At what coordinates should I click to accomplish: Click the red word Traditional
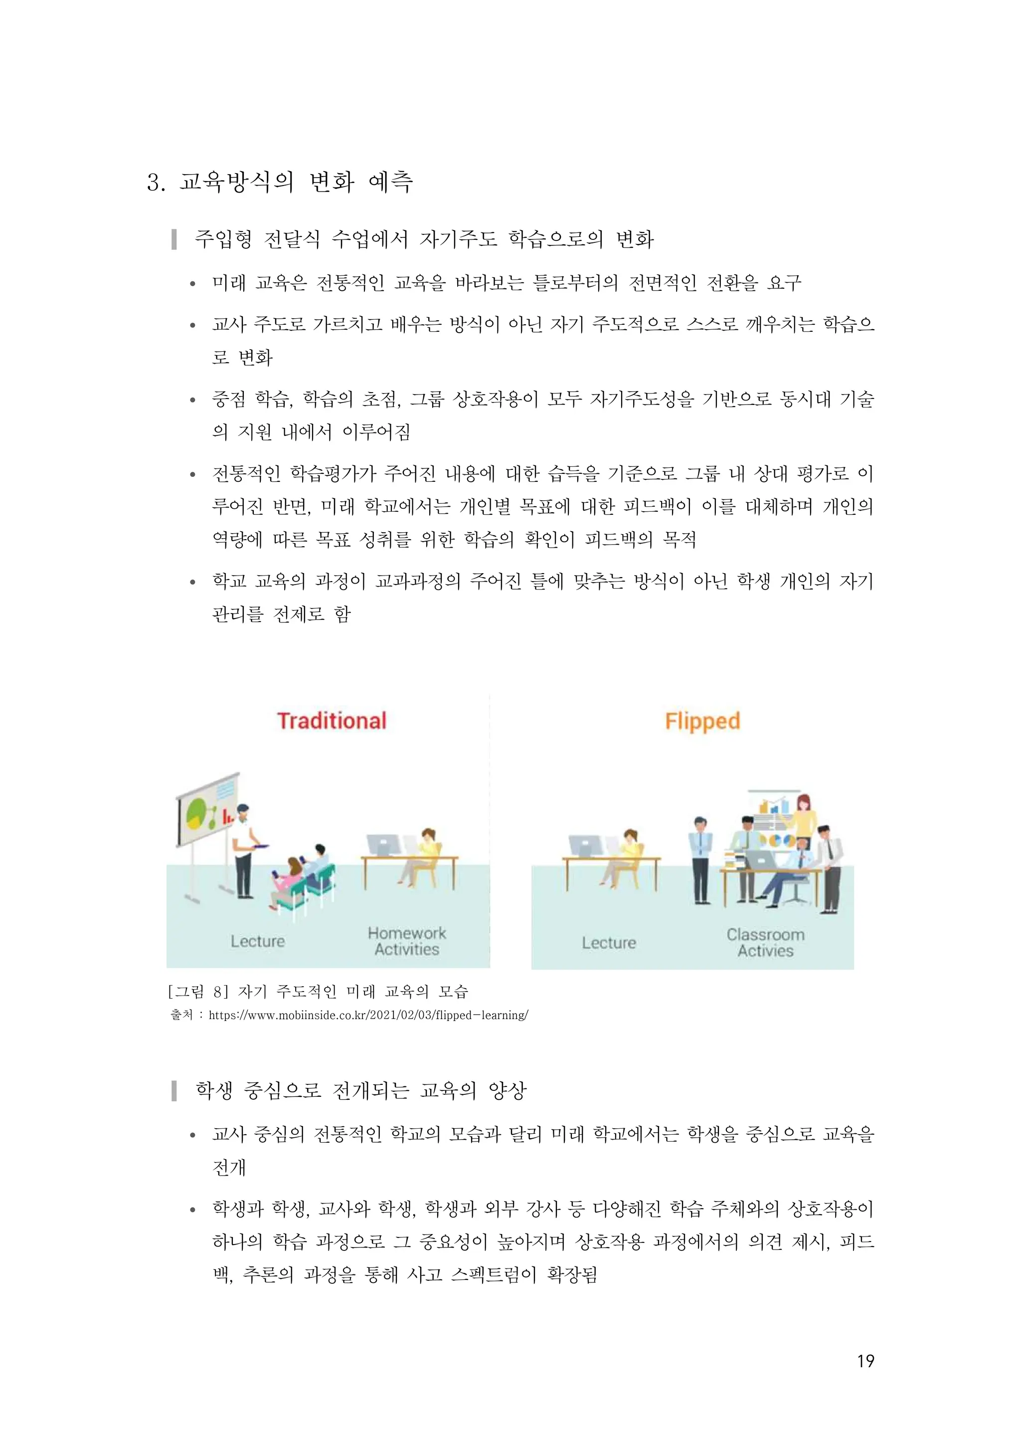click(x=332, y=721)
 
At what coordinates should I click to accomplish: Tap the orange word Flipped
click(x=702, y=721)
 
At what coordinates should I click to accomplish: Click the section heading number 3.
click(x=154, y=183)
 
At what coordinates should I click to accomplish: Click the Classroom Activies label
click(x=765, y=943)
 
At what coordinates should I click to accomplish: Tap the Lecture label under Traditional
click(x=257, y=942)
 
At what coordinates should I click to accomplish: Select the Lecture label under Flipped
click(x=609, y=943)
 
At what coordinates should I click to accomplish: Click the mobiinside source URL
click(x=368, y=1015)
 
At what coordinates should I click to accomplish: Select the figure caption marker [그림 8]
click(x=195, y=992)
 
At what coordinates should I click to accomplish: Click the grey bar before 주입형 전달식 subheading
click(x=174, y=239)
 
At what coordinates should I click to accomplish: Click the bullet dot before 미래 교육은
click(x=193, y=284)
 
